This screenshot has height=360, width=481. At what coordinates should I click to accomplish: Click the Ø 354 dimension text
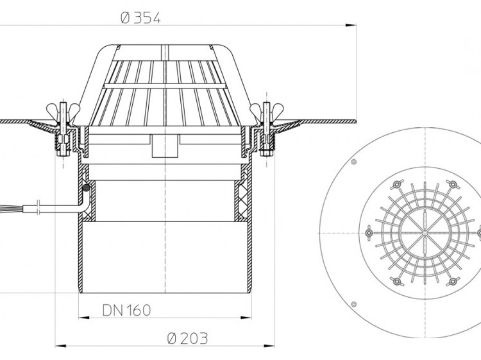coord(141,19)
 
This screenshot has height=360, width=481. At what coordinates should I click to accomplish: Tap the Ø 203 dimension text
coord(188,339)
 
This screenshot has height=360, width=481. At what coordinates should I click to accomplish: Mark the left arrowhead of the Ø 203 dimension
coord(60,346)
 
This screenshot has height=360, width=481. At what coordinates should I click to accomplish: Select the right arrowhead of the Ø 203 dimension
coord(269,346)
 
